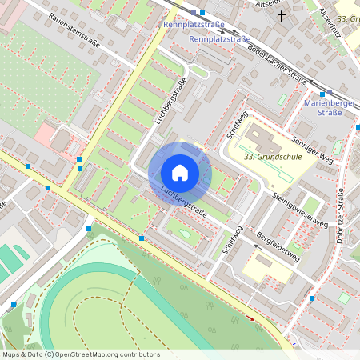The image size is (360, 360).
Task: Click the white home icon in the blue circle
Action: (180, 173)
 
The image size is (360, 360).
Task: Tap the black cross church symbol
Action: (281, 15)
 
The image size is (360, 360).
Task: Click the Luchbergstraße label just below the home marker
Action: (184, 202)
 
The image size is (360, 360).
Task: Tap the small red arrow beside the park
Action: (252, 318)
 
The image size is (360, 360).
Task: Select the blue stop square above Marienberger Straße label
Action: (329, 92)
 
